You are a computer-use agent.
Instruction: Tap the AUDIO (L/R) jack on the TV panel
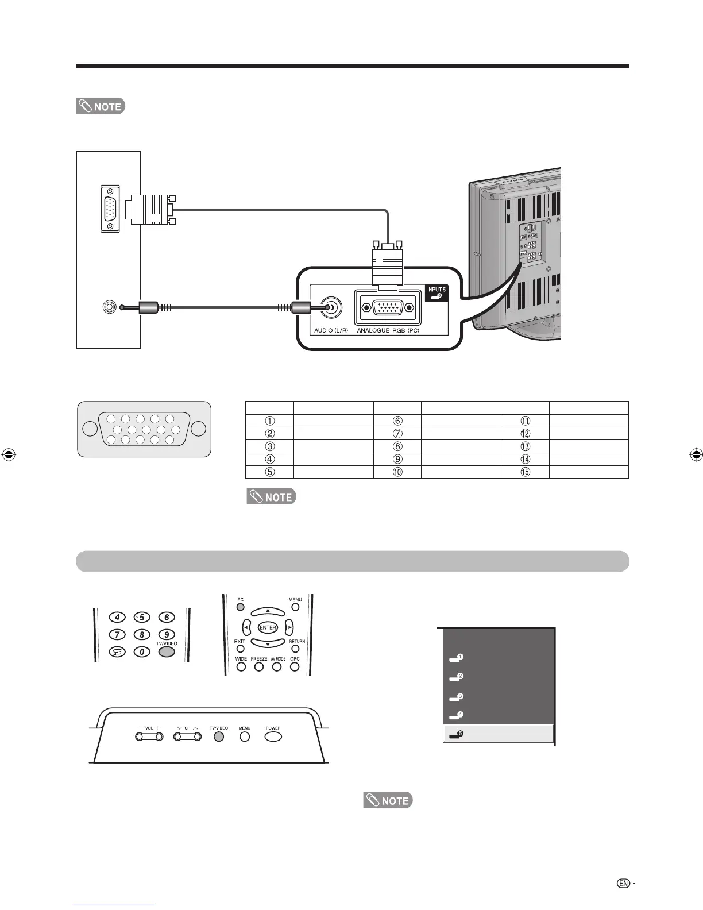point(330,308)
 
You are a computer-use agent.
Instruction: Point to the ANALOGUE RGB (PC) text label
point(388,331)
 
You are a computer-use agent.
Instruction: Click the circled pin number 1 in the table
point(270,421)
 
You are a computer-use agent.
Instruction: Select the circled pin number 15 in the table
point(525,472)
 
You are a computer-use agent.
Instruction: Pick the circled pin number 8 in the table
point(397,446)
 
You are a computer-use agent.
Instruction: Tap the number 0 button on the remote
point(141,652)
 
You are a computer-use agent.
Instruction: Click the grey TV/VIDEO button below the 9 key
point(166,652)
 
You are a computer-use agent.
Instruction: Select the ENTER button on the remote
point(268,627)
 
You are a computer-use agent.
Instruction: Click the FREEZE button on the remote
point(259,667)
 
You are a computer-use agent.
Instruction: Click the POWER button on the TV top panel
point(273,737)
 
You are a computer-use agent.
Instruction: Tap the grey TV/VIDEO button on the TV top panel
point(218,737)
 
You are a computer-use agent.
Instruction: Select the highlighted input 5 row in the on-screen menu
point(498,734)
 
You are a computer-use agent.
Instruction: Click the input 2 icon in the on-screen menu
point(457,678)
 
